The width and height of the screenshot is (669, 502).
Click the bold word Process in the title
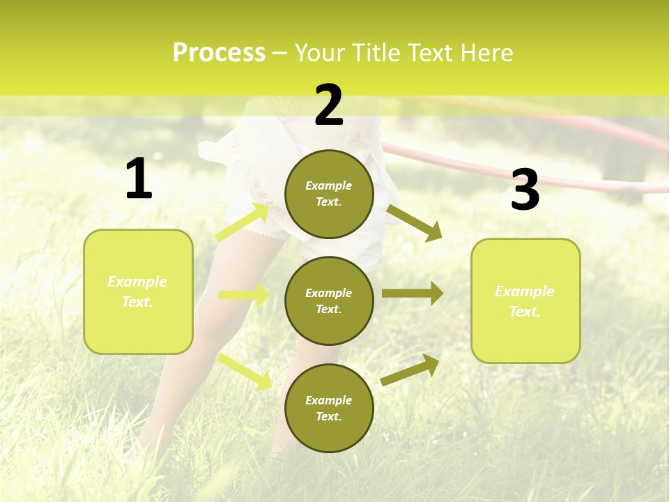219,52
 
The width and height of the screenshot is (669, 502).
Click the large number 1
139,179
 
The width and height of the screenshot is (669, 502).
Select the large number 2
329,105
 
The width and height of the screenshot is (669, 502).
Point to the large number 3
525,190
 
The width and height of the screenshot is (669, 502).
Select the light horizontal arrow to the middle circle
244,295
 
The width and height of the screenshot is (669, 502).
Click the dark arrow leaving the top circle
414,222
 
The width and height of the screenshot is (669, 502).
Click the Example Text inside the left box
137,291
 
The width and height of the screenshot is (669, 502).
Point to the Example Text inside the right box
525,301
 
